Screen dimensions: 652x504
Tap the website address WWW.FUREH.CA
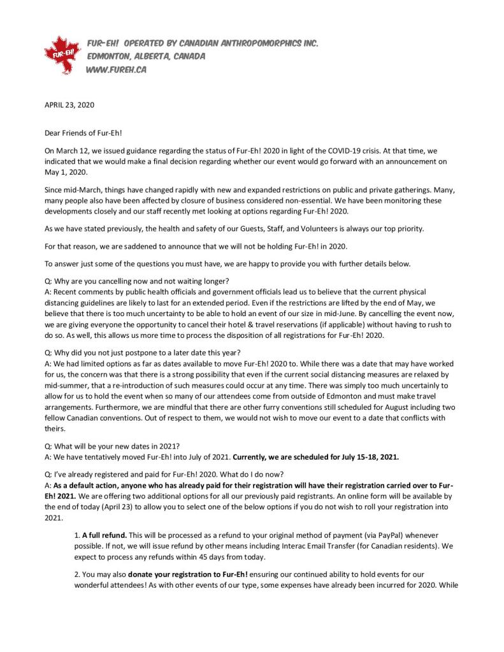click(x=116, y=70)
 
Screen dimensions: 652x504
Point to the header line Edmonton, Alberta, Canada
click(x=147, y=57)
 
